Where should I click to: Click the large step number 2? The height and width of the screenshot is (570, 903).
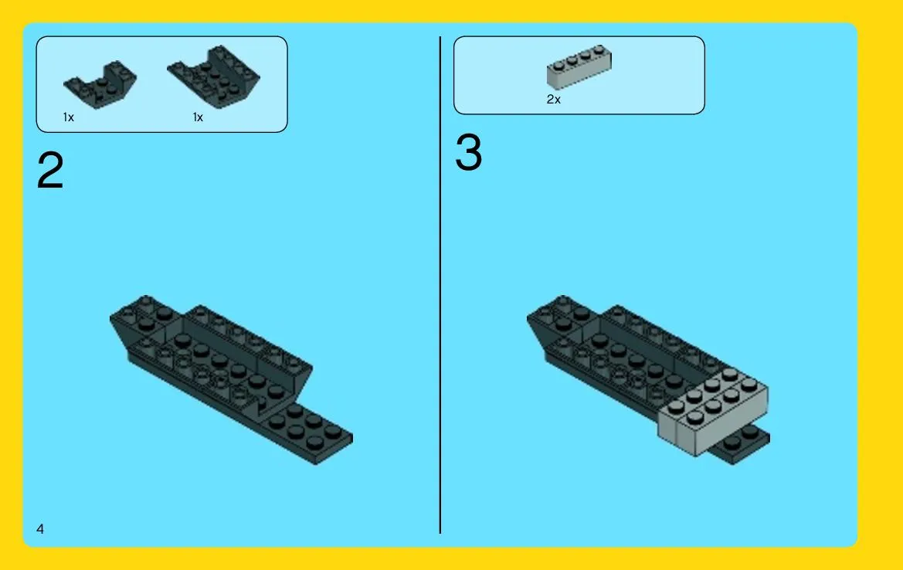point(50,170)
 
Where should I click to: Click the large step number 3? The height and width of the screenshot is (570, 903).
point(468,152)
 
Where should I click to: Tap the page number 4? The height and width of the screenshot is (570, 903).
point(39,528)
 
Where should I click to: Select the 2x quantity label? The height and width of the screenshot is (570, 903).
point(553,100)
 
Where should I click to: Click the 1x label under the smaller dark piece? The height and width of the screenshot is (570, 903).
point(69,117)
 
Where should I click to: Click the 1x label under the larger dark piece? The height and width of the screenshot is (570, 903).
point(198,117)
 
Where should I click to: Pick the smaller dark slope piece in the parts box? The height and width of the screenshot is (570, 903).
point(100,84)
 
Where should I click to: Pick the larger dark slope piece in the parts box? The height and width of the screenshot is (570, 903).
point(214,76)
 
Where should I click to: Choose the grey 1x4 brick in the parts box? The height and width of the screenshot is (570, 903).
point(579,66)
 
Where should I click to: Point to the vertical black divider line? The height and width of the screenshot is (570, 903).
point(440,285)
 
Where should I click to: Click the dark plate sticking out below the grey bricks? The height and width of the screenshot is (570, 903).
point(743,444)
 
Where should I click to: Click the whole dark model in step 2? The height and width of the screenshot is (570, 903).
point(230,379)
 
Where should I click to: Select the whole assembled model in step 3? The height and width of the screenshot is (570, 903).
point(648,379)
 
